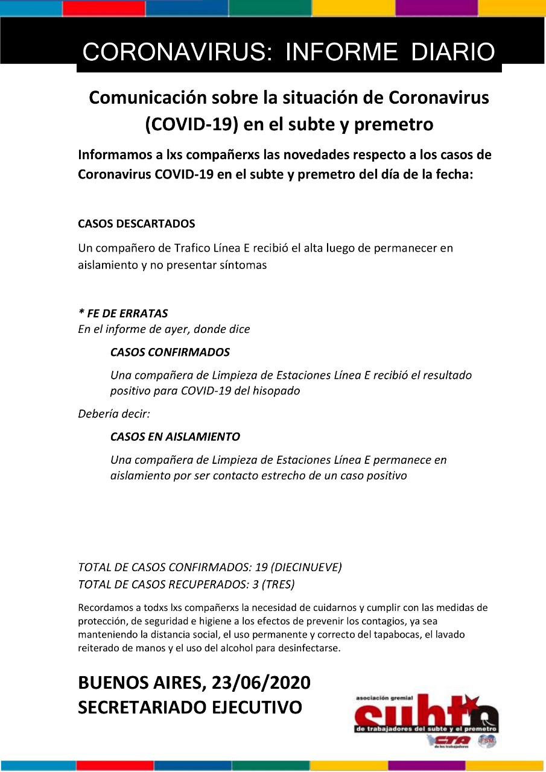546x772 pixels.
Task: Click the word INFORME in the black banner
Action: click(x=341, y=52)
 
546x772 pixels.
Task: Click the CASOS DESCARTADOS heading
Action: click(x=136, y=224)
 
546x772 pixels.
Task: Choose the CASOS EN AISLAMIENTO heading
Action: click(x=175, y=437)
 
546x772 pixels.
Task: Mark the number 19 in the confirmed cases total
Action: click(x=261, y=568)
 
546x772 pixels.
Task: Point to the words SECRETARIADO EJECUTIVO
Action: click(x=190, y=707)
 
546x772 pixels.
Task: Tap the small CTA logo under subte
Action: click(x=448, y=741)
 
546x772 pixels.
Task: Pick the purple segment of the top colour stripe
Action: click(x=436, y=8)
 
